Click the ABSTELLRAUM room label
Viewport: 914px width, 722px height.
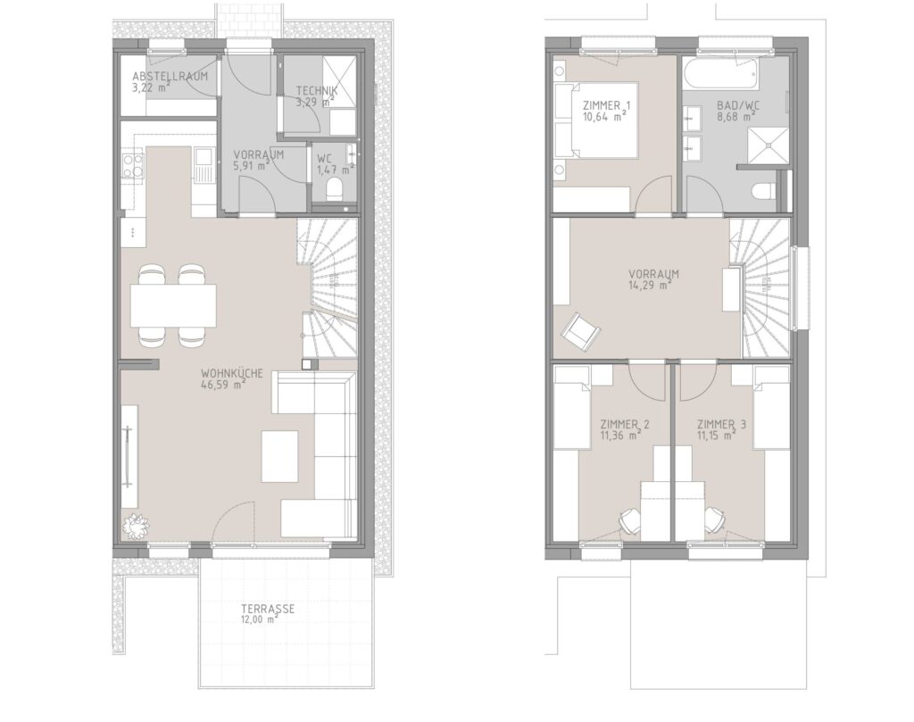point(170,77)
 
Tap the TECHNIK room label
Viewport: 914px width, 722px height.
point(317,91)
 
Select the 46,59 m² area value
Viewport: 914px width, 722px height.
point(222,385)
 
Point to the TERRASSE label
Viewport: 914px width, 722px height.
point(268,609)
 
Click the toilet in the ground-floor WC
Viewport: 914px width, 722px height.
point(335,189)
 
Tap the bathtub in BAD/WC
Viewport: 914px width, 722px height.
point(720,74)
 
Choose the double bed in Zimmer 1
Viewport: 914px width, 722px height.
point(595,120)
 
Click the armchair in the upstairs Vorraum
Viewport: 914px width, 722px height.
point(580,332)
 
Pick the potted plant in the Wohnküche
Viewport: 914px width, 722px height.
point(136,527)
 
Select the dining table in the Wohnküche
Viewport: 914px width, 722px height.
point(173,305)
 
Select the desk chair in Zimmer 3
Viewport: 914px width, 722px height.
point(714,520)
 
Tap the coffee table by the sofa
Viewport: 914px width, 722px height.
point(279,456)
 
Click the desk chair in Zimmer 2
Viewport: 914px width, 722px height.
point(629,520)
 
